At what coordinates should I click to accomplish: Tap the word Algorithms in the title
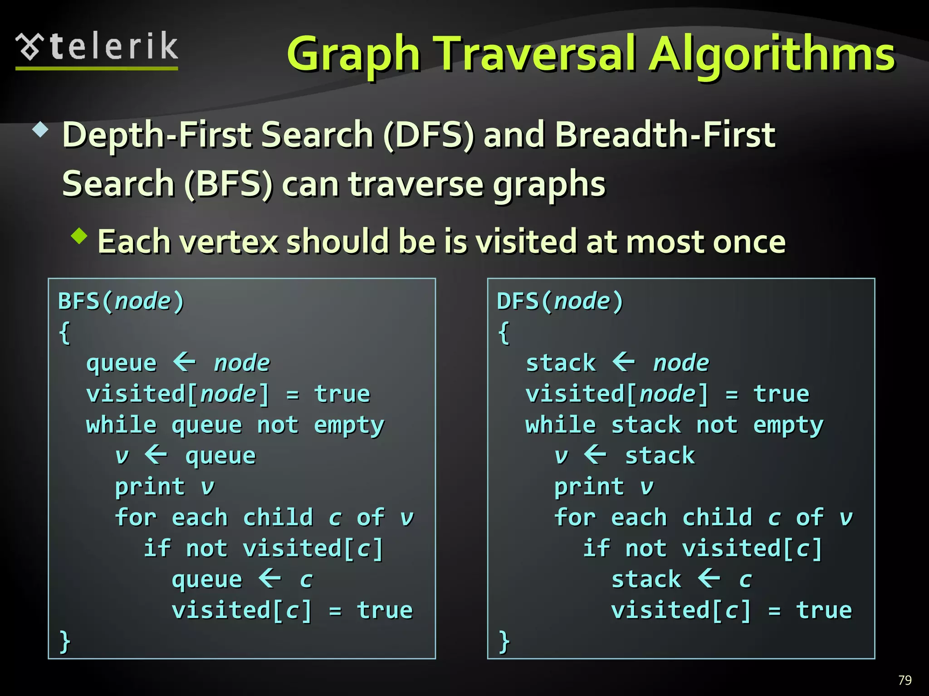tap(772, 55)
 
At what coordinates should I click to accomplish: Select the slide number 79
tap(905, 680)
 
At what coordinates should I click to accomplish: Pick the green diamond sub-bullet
tap(79, 236)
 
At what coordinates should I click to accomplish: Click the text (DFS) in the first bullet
tap(429, 135)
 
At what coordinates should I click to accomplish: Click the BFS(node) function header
tap(121, 301)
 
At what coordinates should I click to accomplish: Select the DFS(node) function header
tap(560, 301)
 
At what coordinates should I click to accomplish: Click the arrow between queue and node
tap(185, 362)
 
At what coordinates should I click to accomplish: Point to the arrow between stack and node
tap(624, 362)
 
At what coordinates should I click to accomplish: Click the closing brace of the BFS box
tap(65, 641)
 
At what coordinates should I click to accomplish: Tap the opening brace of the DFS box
tap(504, 333)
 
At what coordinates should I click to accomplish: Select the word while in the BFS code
tap(121, 425)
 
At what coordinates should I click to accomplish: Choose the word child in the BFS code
tap(278, 517)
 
